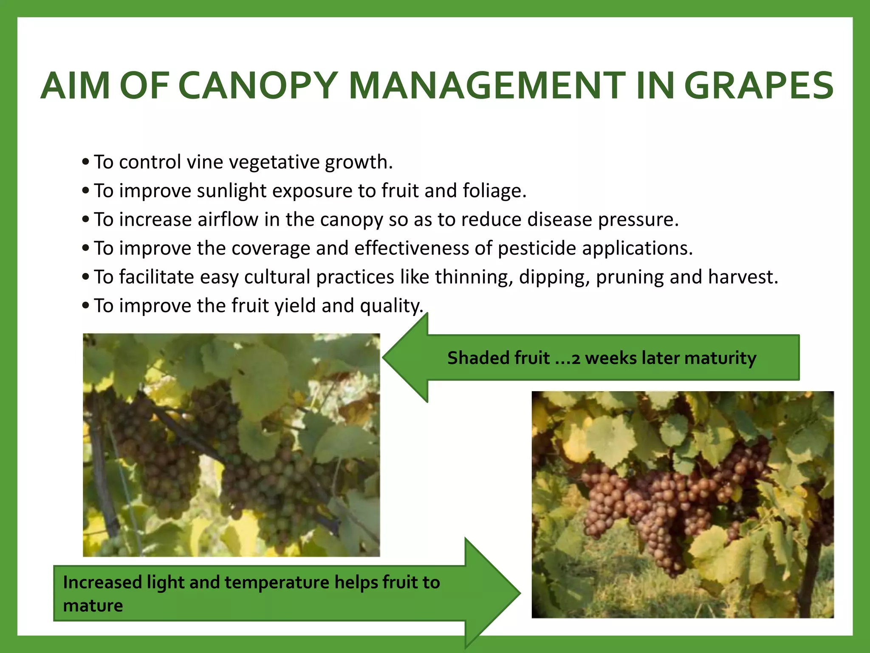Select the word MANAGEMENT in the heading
point(487,86)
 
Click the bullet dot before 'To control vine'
point(86,162)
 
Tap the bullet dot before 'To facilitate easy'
point(86,277)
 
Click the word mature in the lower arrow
point(93,605)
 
